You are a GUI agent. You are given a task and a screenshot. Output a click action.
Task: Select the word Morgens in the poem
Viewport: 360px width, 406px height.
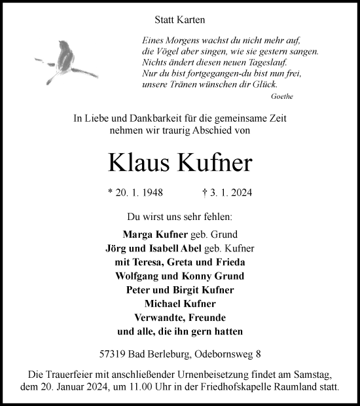pyautogui.click(x=179, y=39)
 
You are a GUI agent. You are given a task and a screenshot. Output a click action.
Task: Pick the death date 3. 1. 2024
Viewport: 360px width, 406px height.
pyautogui.click(x=228, y=193)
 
